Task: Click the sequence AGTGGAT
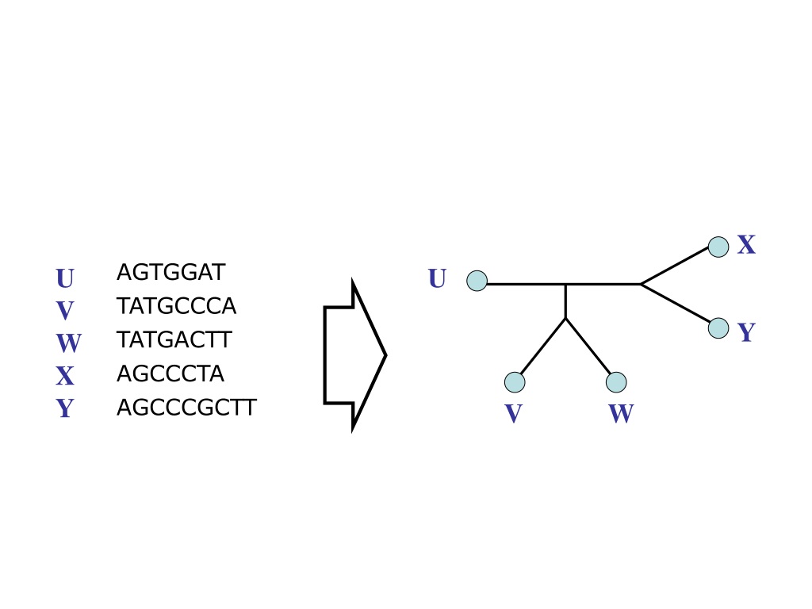click(171, 273)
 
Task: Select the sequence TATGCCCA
click(176, 306)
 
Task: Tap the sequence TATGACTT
click(174, 339)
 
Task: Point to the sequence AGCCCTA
click(170, 373)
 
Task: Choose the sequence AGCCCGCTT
click(186, 408)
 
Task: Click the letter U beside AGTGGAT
click(65, 278)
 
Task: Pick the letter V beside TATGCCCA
click(65, 311)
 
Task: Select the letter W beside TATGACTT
click(68, 343)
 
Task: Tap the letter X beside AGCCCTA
click(65, 376)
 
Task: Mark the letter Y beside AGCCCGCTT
click(65, 408)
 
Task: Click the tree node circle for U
click(477, 281)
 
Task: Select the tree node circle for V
click(515, 382)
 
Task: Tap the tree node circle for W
click(616, 382)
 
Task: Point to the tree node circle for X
click(718, 247)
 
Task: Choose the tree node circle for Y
click(718, 327)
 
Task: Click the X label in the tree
click(746, 244)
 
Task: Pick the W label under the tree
click(621, 413)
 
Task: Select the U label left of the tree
click(437, 278)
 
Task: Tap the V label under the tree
click(513, 413)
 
